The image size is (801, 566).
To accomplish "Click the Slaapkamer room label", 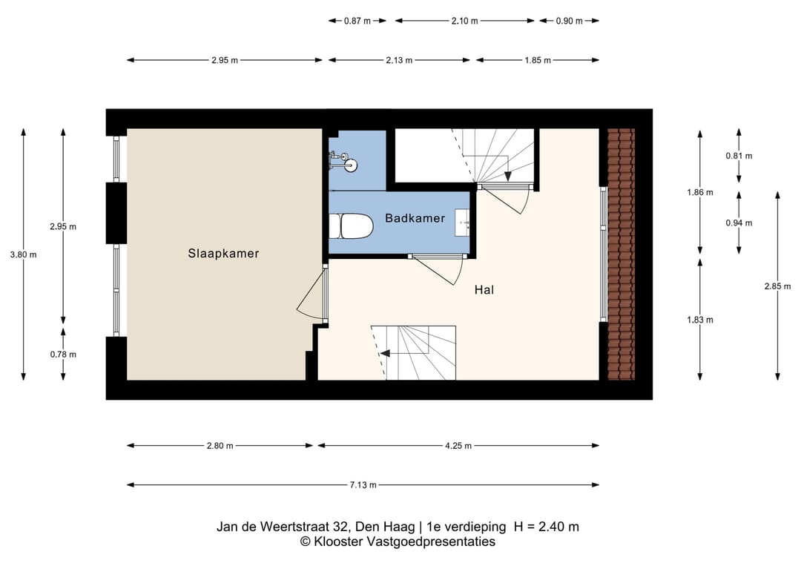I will coord(223,253).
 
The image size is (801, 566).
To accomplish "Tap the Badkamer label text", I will coord(415,218).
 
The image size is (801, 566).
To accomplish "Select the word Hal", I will coord(484,290).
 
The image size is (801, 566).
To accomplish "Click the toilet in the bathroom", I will coord(351,226).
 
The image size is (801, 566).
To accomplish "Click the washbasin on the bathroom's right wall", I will coord(465,222).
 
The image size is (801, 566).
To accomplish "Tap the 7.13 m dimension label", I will coord(363,485).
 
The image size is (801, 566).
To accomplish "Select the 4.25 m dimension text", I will coord(458,446).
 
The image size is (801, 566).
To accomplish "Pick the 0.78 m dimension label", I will coord(63,354).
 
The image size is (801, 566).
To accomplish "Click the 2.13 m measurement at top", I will coord(398,60).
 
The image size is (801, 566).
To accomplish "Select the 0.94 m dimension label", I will coord(739,223).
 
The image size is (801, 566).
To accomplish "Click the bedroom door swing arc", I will coord(311,297).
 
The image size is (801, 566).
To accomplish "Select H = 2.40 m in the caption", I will coord(546,527).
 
